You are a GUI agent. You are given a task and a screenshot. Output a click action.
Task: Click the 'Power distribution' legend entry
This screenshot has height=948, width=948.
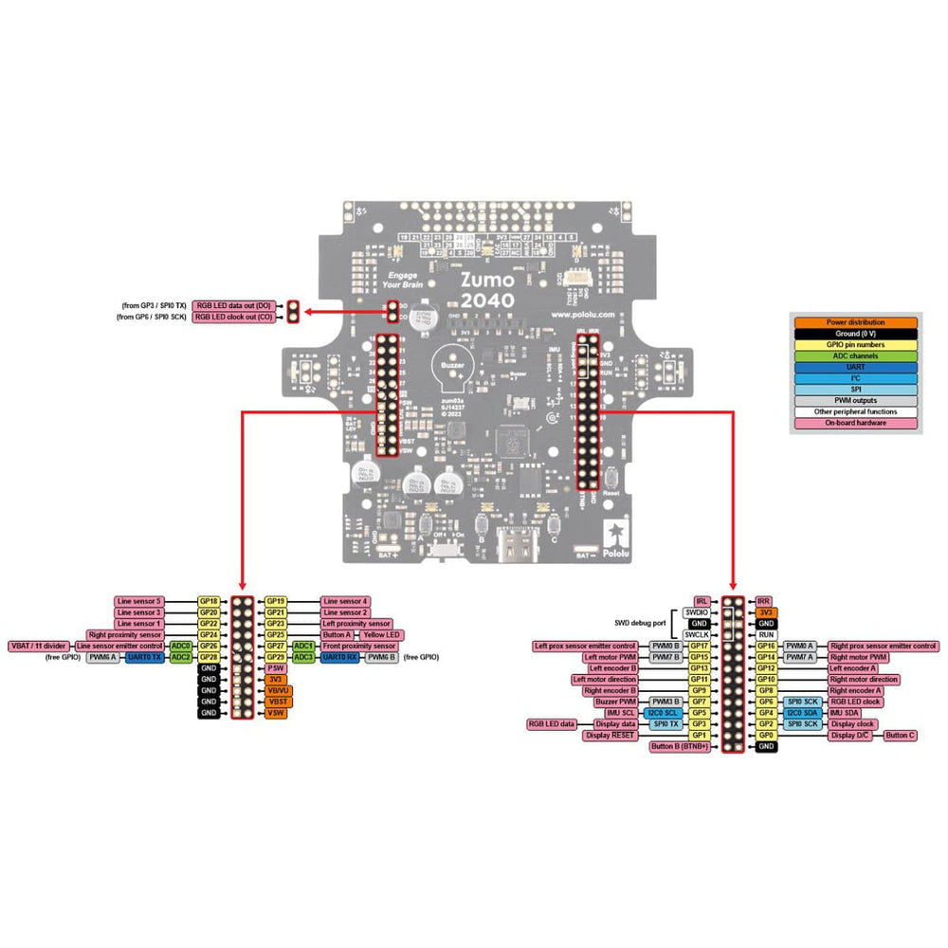[x=855, y=322]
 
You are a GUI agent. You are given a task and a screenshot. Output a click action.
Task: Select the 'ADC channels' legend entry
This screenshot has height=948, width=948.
[x=855, y=356]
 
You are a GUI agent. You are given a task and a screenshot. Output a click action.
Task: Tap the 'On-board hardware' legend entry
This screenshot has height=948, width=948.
[x=855, y=423]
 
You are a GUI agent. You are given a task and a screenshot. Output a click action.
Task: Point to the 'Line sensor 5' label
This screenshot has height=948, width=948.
[x=139, y=601]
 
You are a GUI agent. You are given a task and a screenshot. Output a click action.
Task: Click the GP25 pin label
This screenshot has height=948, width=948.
[x=276, y=635]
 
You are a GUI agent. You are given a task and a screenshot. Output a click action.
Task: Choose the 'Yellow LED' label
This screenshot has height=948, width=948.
[x=381, y=635]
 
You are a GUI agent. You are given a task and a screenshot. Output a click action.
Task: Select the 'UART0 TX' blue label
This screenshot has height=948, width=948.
[x=146, y=657]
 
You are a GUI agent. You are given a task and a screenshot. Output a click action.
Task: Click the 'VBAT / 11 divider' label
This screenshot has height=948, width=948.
[x=37, y=647]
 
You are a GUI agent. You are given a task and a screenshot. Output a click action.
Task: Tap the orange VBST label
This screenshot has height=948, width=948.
[x=277, y=702]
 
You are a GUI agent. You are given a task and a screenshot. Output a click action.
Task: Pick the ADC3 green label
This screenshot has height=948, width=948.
[x=303, y=657]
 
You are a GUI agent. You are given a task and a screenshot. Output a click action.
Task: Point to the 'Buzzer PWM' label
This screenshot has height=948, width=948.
[x=614, y=702]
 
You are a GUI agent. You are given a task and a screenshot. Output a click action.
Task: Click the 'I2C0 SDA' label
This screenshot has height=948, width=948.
[x=802, y=713]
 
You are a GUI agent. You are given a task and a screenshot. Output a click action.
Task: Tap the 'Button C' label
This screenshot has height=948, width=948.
[x=900, y=735]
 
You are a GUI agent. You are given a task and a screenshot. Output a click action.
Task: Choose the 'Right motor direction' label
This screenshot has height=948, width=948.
[x=864, y=680]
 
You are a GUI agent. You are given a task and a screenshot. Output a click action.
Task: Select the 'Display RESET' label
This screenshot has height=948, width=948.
[x=611, y=735]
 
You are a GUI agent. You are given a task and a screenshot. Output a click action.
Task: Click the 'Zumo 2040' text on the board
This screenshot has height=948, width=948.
[x=487, y=290]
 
